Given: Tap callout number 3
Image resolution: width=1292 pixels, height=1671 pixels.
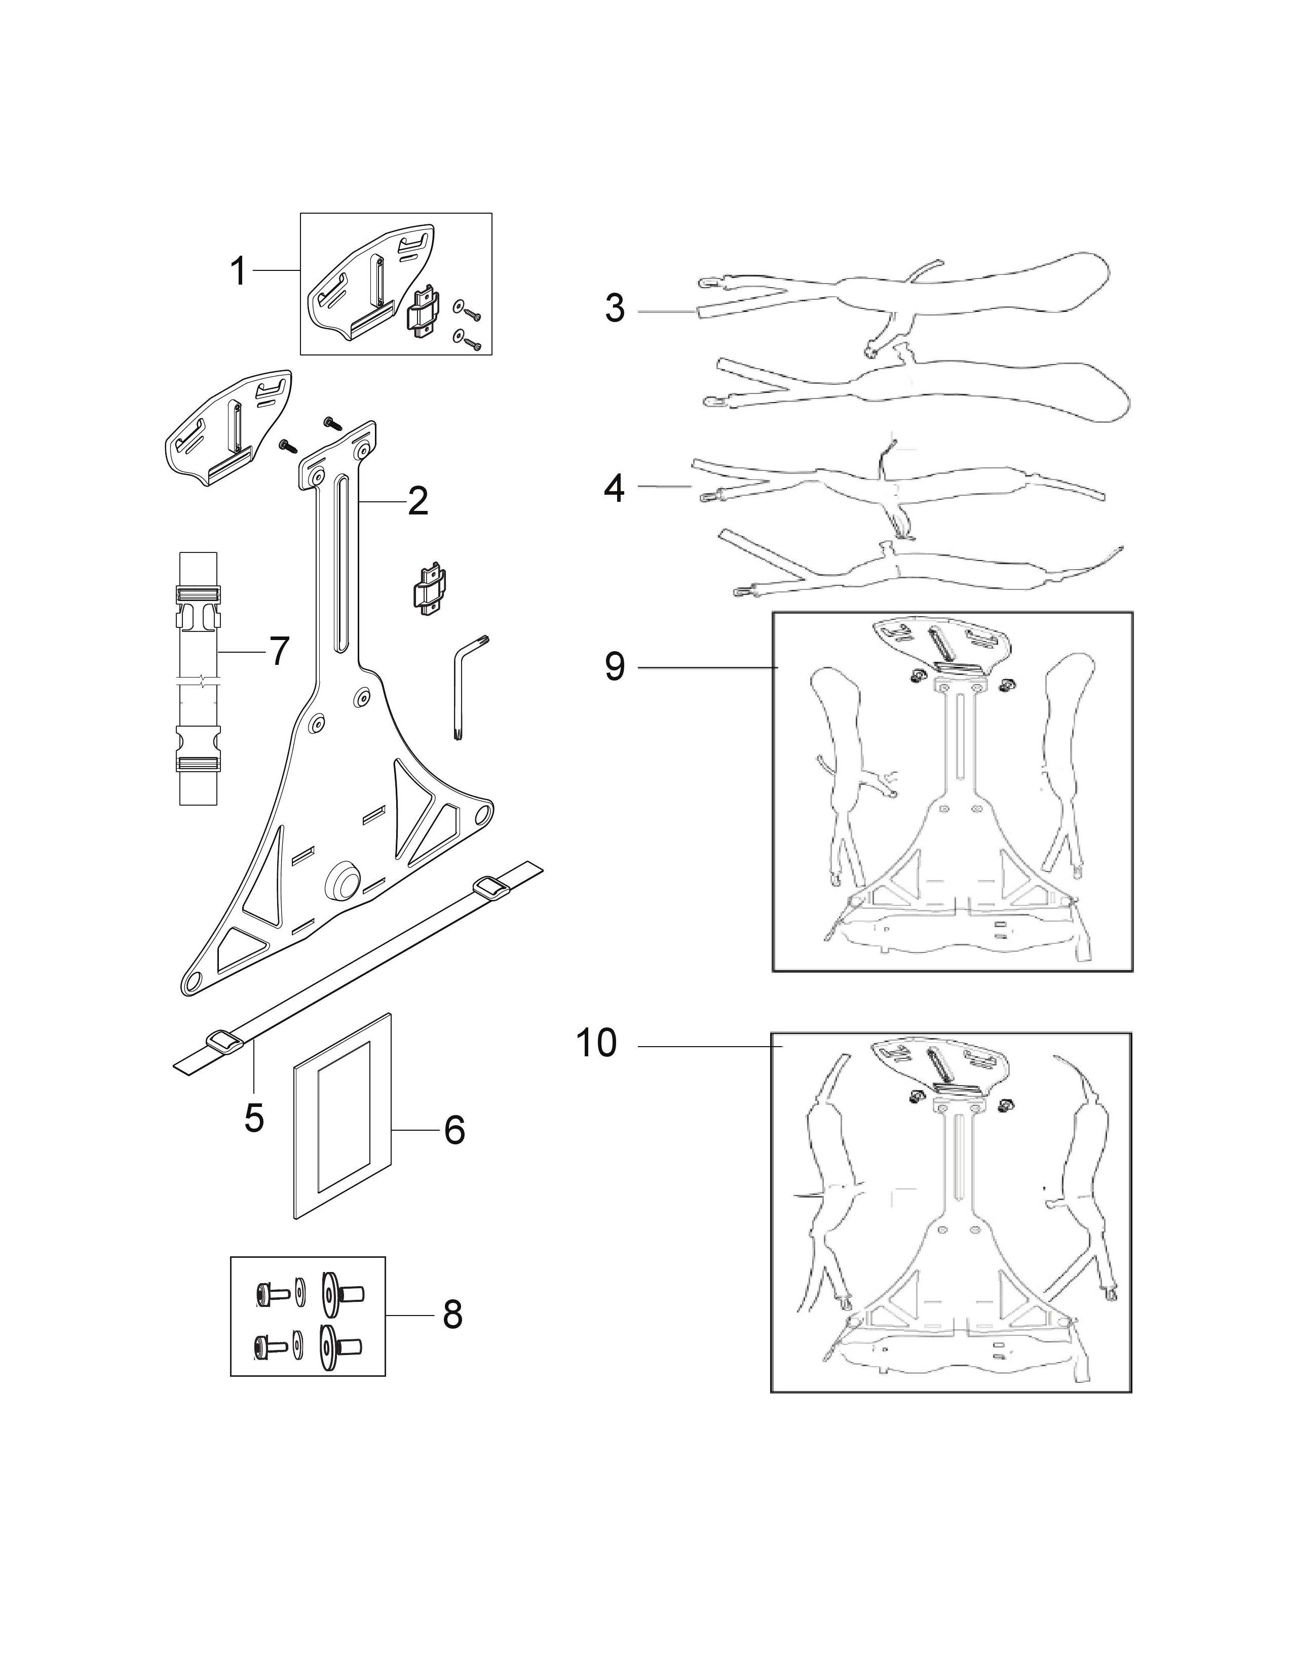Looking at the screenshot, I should (x=615, y=308).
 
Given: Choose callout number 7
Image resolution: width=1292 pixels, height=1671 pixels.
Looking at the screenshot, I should (x=278, y=651).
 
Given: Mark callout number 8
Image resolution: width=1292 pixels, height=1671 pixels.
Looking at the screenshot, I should (x=452, y=1315).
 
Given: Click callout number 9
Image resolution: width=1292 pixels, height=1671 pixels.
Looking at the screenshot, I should (x=615, y=666).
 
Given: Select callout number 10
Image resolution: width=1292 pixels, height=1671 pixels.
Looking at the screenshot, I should (x=596, y=1042).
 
